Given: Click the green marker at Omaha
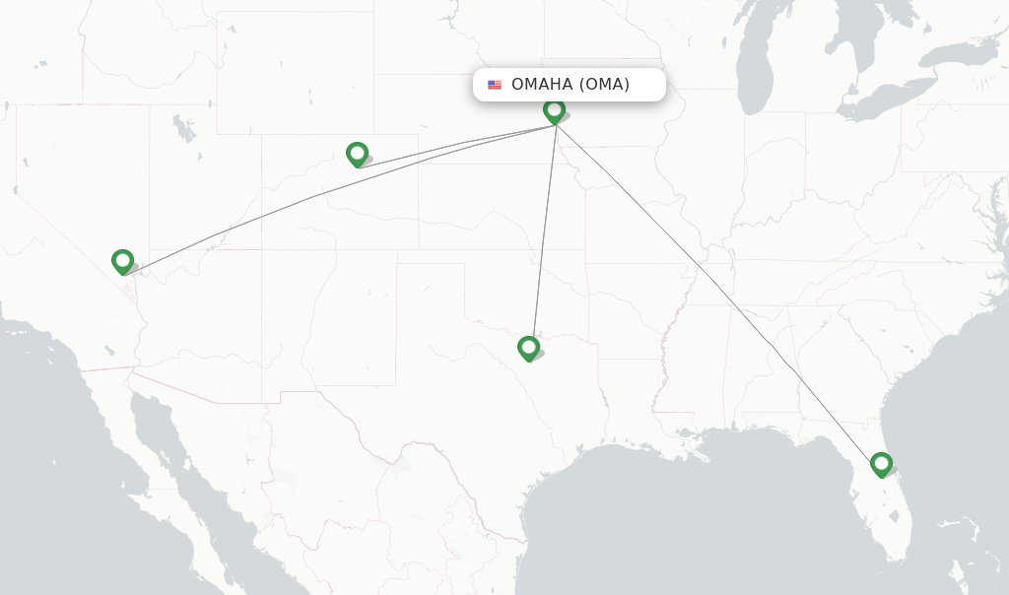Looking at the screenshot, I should [554, 109].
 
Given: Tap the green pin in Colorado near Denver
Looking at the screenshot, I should [357, 153].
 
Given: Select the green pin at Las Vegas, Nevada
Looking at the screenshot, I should [122, 260].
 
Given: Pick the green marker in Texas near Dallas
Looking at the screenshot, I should [528, 347].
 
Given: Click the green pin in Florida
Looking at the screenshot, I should [881, 463].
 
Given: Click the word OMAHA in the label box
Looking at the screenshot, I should [541, 85].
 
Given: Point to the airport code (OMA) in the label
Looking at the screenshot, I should [604, 85].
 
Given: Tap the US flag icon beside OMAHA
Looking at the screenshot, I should [495, 85].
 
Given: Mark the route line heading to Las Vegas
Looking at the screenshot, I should [296, 202].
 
